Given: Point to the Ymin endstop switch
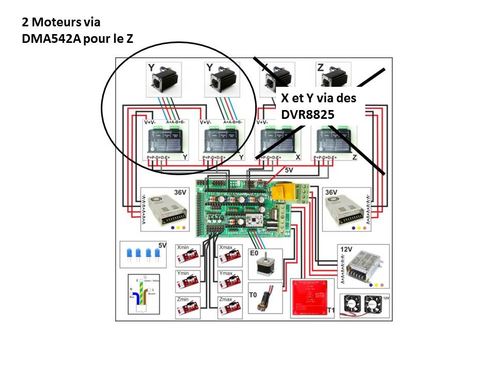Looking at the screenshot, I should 189,282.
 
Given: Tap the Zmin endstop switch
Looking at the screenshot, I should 189,308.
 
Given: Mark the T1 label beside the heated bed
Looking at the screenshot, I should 332,310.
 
